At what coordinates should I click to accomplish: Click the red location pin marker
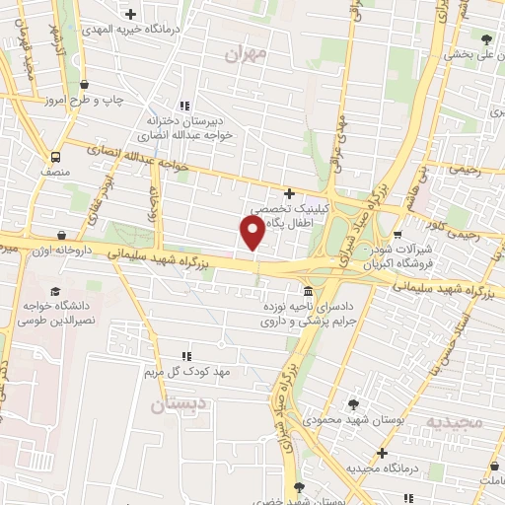252,233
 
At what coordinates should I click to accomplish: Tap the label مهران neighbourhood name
246,55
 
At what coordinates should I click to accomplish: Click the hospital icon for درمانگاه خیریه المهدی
131,13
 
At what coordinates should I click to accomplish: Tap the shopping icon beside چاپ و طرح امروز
84,84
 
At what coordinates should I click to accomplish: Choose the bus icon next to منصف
55,156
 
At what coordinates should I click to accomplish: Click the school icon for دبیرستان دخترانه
184,106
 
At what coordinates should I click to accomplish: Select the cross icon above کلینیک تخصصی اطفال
288,193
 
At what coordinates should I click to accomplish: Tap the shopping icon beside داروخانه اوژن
62,235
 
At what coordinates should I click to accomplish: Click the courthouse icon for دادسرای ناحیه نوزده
309,292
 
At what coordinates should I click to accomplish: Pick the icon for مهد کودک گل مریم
185,355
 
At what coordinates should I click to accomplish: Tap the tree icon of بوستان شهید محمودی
353,404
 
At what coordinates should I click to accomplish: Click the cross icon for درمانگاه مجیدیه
382,453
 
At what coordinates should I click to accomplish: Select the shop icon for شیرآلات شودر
397,235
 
